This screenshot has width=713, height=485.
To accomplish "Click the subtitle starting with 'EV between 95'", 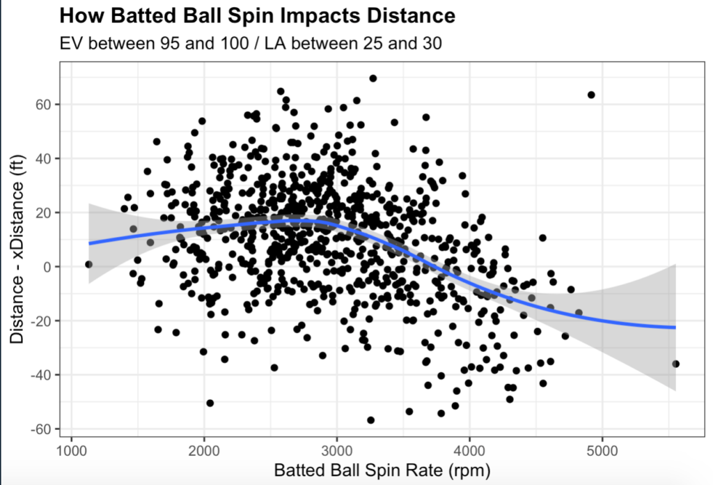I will click(x=251, y=43).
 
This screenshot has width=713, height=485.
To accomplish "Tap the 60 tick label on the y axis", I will click(x=43, y=105).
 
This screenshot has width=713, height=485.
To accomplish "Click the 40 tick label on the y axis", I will click(x=43, y=158).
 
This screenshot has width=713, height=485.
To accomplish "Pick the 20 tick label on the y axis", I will click(x=43, y=213).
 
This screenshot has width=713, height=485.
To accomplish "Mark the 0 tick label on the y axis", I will click(x=47, y=267).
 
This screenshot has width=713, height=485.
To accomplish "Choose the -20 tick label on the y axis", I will click(x=41, y=321).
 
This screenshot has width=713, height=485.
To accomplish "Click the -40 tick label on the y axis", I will click(x=41, y=375).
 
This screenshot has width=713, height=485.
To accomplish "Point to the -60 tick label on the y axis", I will click(x=41, y=429).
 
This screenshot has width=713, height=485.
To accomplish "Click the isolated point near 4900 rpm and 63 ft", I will click(x=591, y=95).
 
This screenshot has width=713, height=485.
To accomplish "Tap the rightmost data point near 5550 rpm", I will click(x=675, y=364).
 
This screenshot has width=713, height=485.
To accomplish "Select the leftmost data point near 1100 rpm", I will click(x=88, y=264).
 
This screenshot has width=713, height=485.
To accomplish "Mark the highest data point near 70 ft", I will click(x=373, y=78).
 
